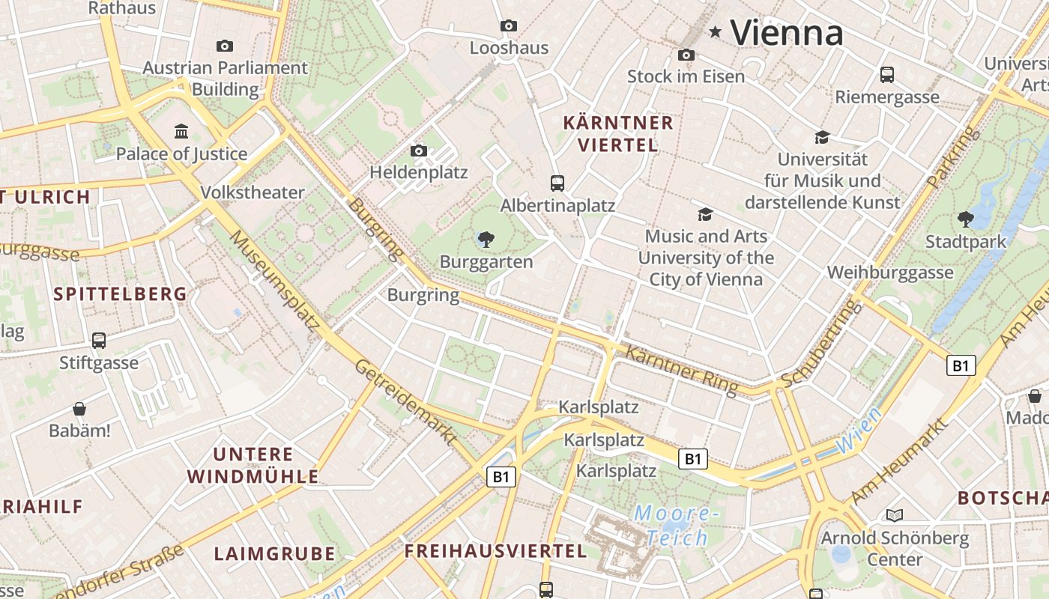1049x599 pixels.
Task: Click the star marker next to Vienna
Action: (716, 31)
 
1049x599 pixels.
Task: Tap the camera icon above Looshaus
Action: (509, 25)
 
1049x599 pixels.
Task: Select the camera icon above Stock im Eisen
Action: (686, 55)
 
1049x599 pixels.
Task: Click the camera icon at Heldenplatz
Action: (419, 150)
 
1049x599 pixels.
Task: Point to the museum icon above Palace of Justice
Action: (181, 132)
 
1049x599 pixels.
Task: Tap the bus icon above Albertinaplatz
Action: (557, 183)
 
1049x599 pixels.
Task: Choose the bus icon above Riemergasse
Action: (887, 74)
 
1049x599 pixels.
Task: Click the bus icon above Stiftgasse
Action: (99, 341)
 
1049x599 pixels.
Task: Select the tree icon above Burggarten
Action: (486, 240)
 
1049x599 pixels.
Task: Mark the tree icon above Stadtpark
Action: (966, 219)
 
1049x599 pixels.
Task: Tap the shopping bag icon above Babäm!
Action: (79, 409)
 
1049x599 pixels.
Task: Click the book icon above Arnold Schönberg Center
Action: (894, 515)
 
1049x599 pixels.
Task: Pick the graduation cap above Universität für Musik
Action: (822, 137)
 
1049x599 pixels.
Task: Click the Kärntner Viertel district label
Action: (618, 133)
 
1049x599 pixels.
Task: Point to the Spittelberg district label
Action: (120, 294)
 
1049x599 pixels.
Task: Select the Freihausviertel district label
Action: (495, 552)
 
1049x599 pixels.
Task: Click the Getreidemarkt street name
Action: (405, 403)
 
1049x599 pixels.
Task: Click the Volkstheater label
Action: (253, 192)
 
